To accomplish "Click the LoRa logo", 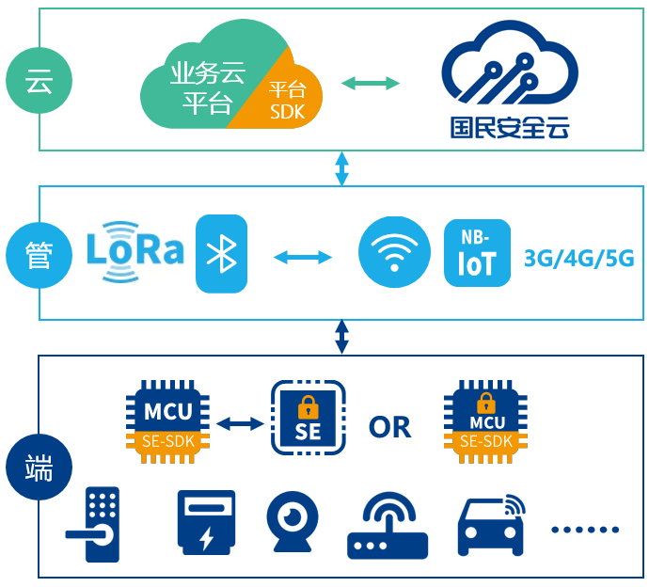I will [x=135, y=251].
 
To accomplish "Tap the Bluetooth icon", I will [x=221, y=253].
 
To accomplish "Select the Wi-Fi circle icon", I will [x=394, y=253].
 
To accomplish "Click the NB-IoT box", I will [x=477, y=253].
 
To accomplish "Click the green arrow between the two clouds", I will [x=371, y=84].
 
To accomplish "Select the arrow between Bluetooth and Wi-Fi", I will [x=303, y=256].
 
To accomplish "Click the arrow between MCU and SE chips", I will [x=240, y=424].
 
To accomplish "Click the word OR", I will [x=390, y=427].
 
